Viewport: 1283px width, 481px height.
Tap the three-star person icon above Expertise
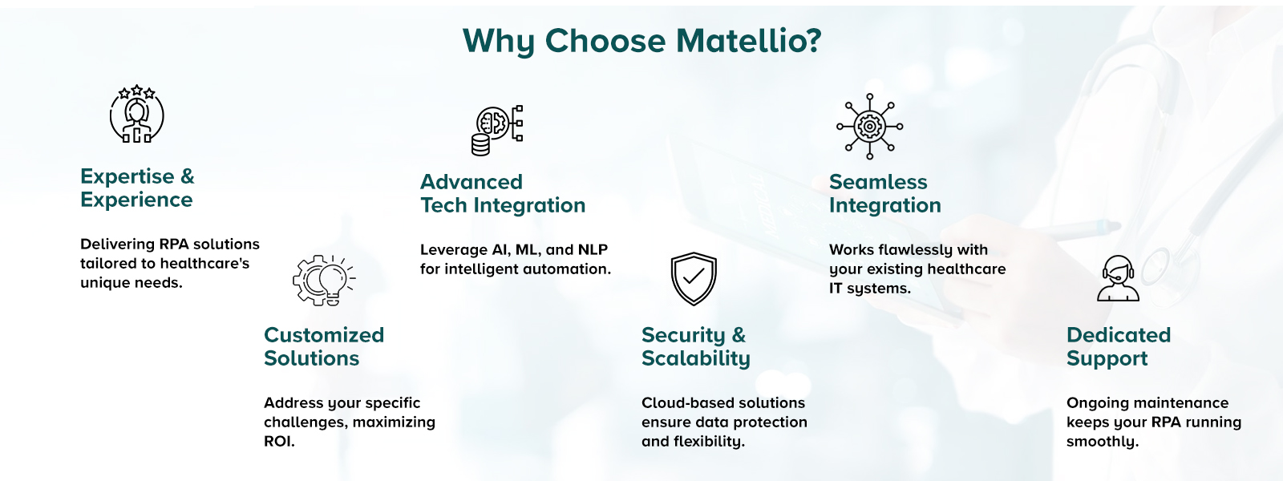[137, 115]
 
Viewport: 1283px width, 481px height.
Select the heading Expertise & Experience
[137, 188]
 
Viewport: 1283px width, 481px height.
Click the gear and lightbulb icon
[323, 280]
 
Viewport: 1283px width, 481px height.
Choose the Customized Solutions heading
[324, 346]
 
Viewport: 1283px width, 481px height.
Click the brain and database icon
[497, 129]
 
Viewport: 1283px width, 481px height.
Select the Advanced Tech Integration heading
[503, 193]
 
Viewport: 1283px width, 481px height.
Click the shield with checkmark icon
[694, 279]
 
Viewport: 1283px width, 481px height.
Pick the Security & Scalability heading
[695, 346]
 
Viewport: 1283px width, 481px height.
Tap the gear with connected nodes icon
[870, 126]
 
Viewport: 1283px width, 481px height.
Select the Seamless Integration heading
[884, 193]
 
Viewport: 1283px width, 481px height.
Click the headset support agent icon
[1118, 278]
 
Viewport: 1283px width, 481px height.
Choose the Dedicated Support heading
[1119, 346]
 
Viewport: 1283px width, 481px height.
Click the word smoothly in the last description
[1102, 442]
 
